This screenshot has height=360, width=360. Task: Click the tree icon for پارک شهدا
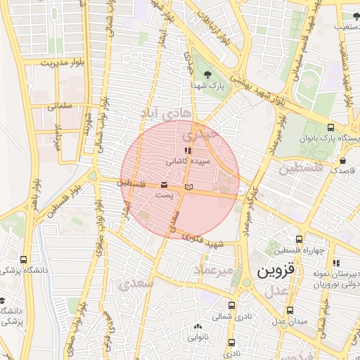(x=207, y=74)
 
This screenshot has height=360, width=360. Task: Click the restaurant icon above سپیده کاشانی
(x=187, y=150)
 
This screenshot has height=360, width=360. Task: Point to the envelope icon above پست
(x=164, y=184)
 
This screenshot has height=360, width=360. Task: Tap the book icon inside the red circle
(x=188, y=187)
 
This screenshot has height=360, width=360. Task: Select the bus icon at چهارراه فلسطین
(x=300, y=239)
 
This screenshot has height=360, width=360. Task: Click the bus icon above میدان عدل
(x=290, y=309)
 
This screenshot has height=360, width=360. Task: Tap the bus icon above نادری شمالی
(x=232, y=305)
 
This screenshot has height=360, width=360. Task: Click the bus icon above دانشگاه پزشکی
(x=24, y=259)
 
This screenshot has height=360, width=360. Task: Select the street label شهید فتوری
(x=204, y=240)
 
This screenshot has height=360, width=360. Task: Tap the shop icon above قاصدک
(x=343, y=160)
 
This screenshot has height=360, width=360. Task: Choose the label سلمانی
(x=60, y=107)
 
